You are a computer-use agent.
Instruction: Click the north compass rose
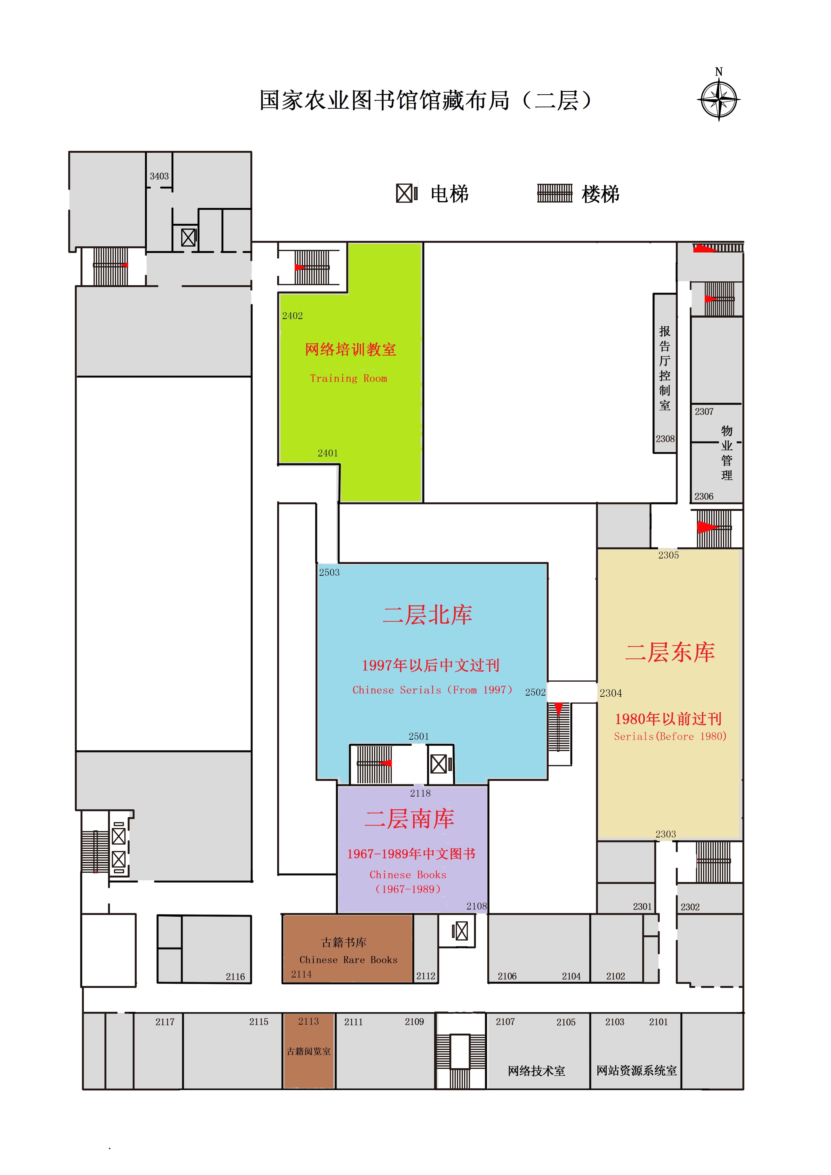[x=718, y=99]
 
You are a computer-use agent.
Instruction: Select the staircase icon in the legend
[x=554, y=193]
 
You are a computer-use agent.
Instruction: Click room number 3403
[x=159, y=176]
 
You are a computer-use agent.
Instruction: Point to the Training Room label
[x=348, y=378]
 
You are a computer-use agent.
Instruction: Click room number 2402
[x=292, y=316]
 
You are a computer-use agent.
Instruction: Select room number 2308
[x=665, y=439]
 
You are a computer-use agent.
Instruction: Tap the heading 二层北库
[x=427, y=615]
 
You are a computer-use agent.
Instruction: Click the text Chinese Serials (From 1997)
[x=432, y=690]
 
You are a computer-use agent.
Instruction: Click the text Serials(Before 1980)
[x=670, y=736]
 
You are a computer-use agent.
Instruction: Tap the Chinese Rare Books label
[x=348, y=959]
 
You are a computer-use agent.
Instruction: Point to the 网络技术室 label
[x=536, y=1071]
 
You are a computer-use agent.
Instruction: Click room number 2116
[x=235, y=977]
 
